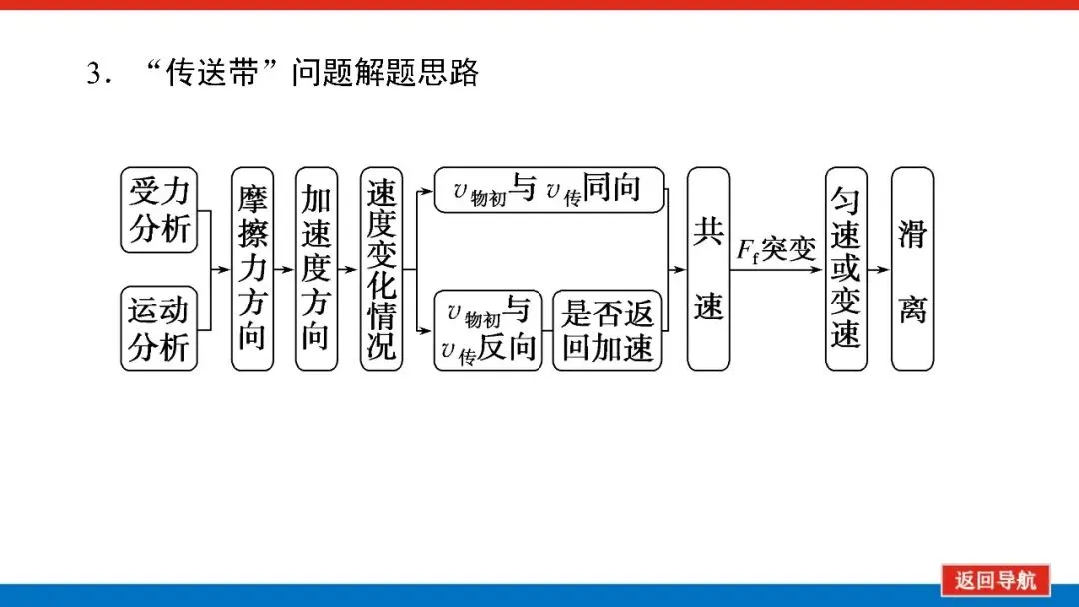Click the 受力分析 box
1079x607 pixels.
point(159,210)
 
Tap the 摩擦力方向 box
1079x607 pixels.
point(252,269)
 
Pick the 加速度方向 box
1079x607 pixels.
point(316,269)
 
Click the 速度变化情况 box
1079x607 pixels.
point(381,269)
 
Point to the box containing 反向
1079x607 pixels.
point(488,329)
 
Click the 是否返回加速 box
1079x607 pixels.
point(607,329)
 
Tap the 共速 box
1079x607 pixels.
point(708,269)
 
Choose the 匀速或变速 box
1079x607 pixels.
point(846,269)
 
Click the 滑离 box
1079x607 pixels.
point(912,269)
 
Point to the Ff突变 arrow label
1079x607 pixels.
point(776,250)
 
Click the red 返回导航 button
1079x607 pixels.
point(995,580)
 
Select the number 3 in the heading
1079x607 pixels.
point(95,74)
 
